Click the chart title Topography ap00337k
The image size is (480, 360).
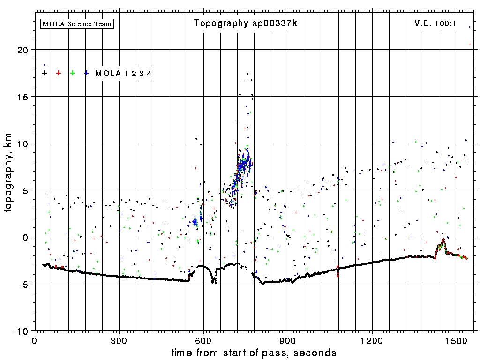tap(246, 23)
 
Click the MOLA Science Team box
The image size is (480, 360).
tap(77, 23)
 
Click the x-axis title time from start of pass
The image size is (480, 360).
tap(254, 352)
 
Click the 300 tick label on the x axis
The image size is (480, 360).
tap(119, 339)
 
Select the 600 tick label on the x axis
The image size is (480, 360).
tap(203, 339)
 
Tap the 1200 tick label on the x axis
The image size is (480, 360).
tap(372, 339)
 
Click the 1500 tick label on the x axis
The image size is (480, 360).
tap(457, 339)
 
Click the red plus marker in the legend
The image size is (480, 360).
tap(59, 73)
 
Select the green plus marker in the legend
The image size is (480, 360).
tap(73, 73)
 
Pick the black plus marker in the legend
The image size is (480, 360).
tap(45, 73)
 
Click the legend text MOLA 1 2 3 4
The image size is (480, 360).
tap(123, 74)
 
